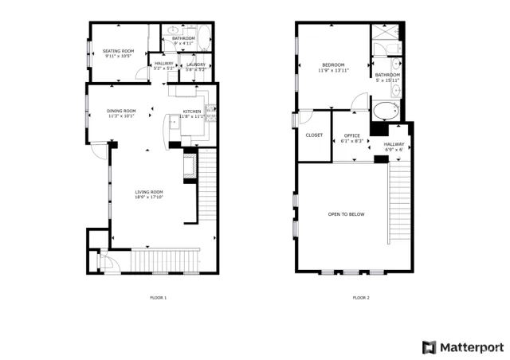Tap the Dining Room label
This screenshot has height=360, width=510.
[122, 111]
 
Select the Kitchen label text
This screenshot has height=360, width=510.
[193, 112]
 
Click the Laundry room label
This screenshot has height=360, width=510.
[196, 65]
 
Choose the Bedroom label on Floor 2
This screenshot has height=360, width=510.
[333, 65]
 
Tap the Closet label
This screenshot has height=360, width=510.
[314, 135]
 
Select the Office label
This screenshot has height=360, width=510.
[351, 135]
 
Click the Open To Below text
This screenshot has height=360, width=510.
[347, 214]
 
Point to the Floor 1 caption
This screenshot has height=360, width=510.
[159, 298]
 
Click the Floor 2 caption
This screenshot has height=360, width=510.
[361, 298]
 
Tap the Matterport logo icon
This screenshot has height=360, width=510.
[429, 347]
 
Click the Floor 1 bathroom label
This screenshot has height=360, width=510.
[184, 38]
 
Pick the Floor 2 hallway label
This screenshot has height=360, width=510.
[394, 144]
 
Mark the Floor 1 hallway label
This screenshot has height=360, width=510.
[164, 64]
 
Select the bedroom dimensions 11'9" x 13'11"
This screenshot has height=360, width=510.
[333, 70]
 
